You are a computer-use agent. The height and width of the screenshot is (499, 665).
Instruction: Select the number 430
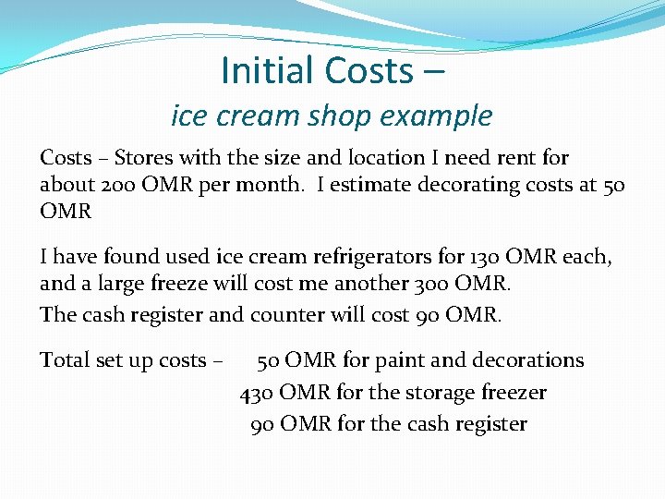[x=256, y=393]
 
